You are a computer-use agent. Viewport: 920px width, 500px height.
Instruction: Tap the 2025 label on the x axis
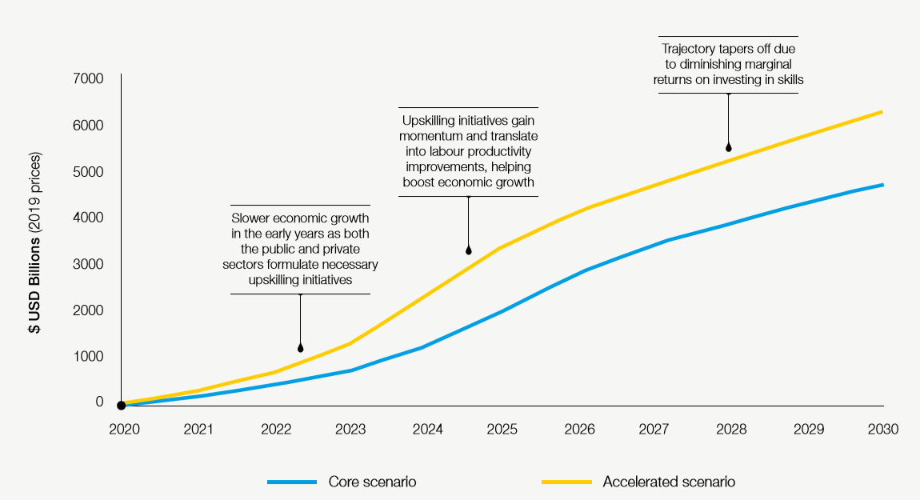(503, 430)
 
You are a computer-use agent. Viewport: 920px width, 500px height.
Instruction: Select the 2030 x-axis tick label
(883, 430)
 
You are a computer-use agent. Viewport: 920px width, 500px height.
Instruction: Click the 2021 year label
(198, 430)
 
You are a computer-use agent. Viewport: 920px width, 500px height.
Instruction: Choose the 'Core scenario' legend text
(372, 482)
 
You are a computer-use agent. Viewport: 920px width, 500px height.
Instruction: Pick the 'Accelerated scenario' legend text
(668, 482)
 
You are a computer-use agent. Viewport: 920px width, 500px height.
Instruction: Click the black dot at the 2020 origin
(121, 406)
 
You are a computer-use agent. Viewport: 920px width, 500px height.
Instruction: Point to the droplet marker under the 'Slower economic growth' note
(300, 348)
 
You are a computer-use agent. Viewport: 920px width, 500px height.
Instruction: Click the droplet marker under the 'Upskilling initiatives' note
(468, 250)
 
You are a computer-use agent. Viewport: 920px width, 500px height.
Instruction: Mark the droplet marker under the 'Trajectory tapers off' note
(728, 147)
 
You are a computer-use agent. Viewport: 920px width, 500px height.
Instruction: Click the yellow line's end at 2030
(882, 111)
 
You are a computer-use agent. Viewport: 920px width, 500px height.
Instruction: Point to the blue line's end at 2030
(882, 185)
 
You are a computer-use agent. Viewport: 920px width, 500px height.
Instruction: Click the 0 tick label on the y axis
(99, 402)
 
